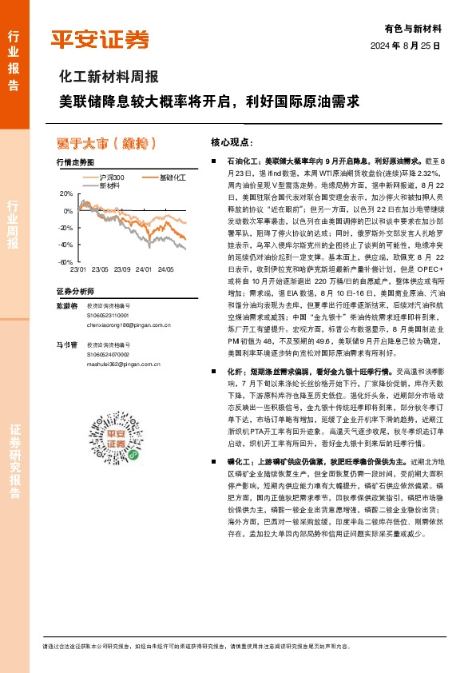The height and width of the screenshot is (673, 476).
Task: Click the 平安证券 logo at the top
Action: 100,39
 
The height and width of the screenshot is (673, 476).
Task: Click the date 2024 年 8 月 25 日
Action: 405,46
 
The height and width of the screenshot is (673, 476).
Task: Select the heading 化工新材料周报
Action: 109,78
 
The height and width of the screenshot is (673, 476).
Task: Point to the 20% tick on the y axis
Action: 66,194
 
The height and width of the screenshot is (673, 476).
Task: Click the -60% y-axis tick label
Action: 65,262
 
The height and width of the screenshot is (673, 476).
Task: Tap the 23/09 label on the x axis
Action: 122,269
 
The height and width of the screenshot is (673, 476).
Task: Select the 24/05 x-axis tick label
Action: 165,269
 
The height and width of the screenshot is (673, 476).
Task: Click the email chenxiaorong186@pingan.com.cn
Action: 129,325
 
